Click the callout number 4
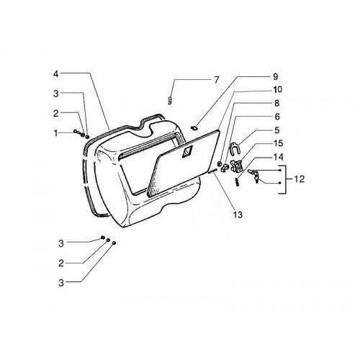click(55, 74)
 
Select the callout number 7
click(217, 80)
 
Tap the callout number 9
click(275, 76)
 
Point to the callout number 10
click(277, 90)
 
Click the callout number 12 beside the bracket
click(300, 179)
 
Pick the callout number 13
click(238, 215)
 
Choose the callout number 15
click(278, 143)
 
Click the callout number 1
click(56, 133)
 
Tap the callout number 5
click(277, 130)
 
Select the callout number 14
click(278, 157)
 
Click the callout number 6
click(277, 117)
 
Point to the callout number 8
click(276, 103)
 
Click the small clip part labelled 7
click(170, 100)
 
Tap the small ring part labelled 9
click(194, 128)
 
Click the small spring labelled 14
click(238, 182)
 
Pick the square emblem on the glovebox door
click(187, 152)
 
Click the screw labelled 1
click(78, 132)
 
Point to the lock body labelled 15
click(236, 166)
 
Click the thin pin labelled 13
click(212, 171)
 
